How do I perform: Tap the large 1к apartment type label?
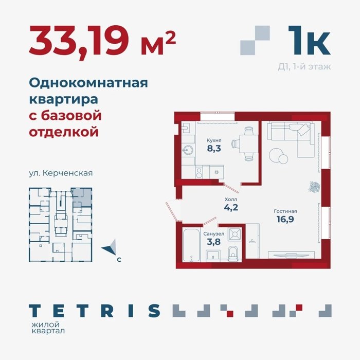point(309,41)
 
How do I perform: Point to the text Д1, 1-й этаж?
point(304,67)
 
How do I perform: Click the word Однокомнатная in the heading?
point(88,83)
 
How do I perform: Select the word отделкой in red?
point(64,132)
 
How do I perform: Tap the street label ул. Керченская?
point(61,173)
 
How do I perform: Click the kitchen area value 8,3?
point(214,149)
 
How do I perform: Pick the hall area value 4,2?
point(231,207)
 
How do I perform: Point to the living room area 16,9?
point(285,219)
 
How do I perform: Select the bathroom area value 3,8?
point(213,242)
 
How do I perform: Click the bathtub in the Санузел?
point(191,245)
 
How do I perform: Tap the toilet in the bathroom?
point(233,254)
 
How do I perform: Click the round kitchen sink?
point(188,151)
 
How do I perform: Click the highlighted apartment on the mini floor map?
point(82,197)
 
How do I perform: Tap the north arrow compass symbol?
point(110,247)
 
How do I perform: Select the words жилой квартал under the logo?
point(48,328)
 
